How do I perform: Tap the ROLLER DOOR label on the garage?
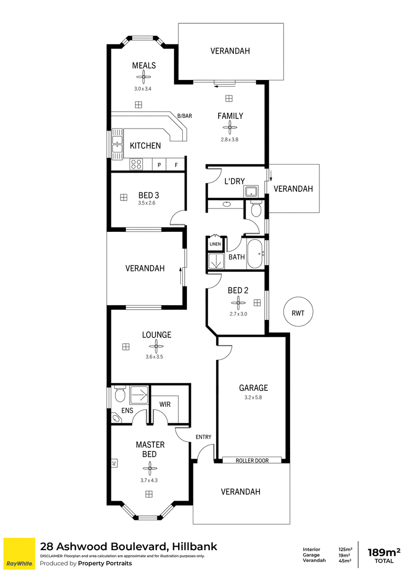[252, 461]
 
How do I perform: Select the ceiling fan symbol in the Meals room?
[144, 77]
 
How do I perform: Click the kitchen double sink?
[117, 144]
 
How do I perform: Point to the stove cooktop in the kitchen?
[136, 164]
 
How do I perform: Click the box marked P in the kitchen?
[159, 165]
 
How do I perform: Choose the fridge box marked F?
[176, 165]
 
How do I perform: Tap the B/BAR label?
[185, 116]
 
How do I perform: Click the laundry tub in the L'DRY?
[252, 191]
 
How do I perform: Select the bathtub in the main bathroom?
[255, 254]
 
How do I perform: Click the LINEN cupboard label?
[215, 244]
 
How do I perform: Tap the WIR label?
[165, 404]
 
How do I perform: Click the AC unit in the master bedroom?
[114, 463]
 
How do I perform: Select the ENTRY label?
[204, 437]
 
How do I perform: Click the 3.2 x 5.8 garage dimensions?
[253, 397]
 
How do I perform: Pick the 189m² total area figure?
[384, 552]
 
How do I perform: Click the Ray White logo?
[19, 554]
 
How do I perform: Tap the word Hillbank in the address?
[194, 546]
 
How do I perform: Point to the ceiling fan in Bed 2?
[238, 303]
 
